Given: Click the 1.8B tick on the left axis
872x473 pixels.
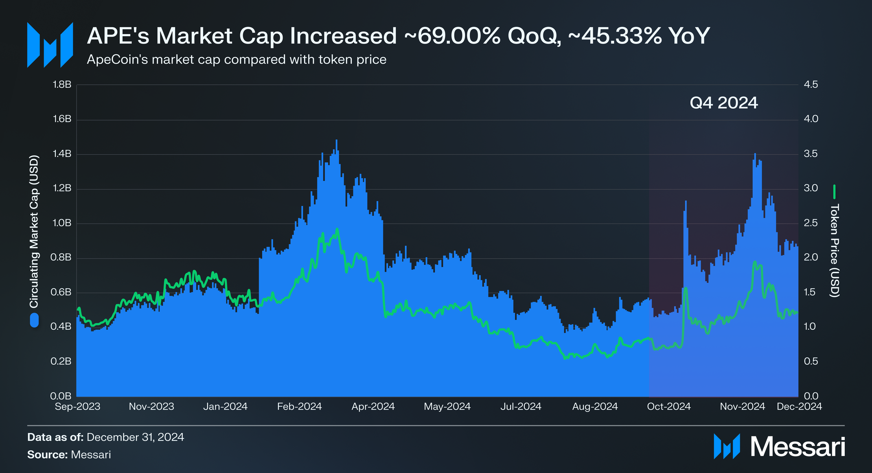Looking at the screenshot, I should [x=62, y=85].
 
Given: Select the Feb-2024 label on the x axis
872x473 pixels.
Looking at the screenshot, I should [x=299, y=407].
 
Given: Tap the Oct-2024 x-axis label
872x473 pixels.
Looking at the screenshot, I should [x=669, y=407].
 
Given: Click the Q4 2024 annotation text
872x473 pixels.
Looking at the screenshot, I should [x=724, y=103].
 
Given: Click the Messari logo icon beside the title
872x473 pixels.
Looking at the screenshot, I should [x=50, y=45].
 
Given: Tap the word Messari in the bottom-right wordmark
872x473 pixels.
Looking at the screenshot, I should [x=798, y=447].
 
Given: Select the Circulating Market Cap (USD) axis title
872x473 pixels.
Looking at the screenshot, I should [x=34, y=231].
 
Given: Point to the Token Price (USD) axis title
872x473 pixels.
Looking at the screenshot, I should [x=834, y=250].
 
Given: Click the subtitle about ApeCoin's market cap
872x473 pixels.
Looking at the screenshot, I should [x=237, y=60].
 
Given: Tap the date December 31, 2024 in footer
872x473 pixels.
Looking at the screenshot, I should [x=135, y=437].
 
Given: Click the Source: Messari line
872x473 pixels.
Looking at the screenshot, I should [x=69, y=455].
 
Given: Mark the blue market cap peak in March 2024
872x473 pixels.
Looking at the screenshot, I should [x=336, y=141].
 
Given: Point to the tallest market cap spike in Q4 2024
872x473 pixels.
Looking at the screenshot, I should [x=755, y=154].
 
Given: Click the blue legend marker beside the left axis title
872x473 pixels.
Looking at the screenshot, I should [x=34, y=320].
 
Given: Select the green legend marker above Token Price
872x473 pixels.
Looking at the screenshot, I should [x=834, y=192].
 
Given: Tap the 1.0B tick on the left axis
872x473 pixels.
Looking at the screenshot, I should [x=62, y=223].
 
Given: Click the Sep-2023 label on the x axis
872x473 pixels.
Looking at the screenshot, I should [x=77, y=407].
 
